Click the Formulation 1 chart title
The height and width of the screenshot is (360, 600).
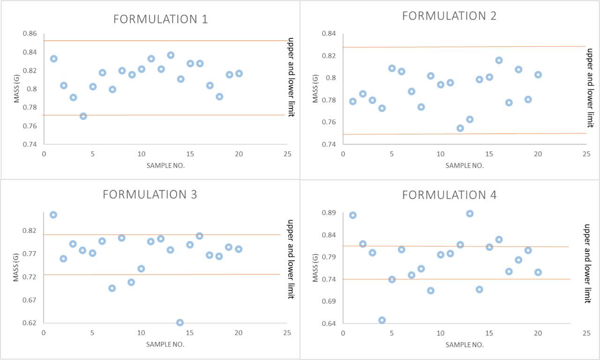pos(160,19)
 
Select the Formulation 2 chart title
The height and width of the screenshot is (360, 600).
pos(449,15)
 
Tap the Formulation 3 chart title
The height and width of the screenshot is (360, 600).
pos(150,194)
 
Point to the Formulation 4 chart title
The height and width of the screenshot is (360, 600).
pos(449,195)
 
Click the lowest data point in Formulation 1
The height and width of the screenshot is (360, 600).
pos(83,116)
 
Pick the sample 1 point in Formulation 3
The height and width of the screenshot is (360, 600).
pos(53,215)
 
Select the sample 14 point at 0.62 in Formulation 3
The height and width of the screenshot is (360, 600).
pos(180,322)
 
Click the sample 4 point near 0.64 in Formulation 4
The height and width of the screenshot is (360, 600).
pos(382,320)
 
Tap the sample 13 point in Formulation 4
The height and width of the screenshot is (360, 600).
pos(470,214)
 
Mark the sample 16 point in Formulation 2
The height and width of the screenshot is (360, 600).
pos(499,60)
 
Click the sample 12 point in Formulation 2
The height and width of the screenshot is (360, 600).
pos(460,128)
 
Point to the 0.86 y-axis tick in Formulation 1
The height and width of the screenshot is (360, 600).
pos(30,34)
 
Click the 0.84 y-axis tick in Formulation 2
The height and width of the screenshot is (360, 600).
pos(329,34)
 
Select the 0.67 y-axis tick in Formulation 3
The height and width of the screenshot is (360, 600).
pos(30,300)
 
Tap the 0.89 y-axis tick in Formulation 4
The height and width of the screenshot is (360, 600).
pos(329,213)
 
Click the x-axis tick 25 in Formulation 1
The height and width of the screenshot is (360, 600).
pos(287,154)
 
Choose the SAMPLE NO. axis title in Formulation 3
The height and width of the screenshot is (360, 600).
pos(165,344)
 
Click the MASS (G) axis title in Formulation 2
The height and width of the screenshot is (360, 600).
pos(315,88)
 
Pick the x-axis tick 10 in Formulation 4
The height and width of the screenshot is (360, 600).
pos(440,333)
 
